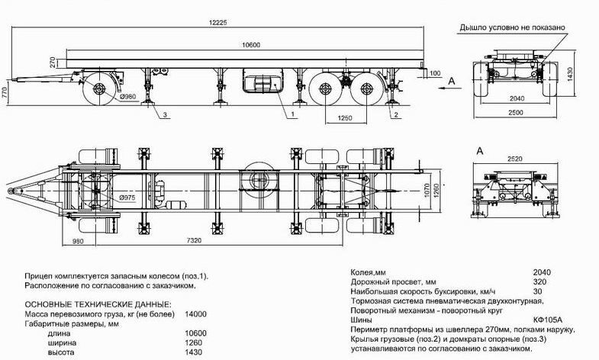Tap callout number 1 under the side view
[292, 114]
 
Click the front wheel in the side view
[100, 90]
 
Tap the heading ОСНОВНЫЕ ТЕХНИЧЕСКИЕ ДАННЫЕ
[98, 304]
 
